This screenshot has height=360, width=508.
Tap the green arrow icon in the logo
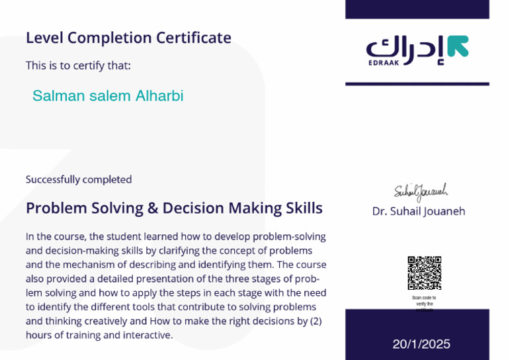click(x=457, y=46)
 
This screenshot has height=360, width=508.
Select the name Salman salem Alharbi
click(x=108, y=96)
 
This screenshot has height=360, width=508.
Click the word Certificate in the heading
click(x=194, y=38)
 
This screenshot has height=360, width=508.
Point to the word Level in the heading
click(x=42, y=38)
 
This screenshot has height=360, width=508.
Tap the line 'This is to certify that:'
click(x=78, y=66)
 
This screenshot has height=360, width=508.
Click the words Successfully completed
click(x=79, y=179)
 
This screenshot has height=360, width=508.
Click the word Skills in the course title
click(x=303, y=208)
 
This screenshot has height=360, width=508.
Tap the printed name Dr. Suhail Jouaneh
click(x=419, y=212)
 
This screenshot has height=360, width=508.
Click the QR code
click(x=424, y=273)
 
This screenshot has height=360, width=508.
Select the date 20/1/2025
click(x=421, y=344)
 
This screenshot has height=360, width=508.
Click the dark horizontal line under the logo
click(x=417, y=84)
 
